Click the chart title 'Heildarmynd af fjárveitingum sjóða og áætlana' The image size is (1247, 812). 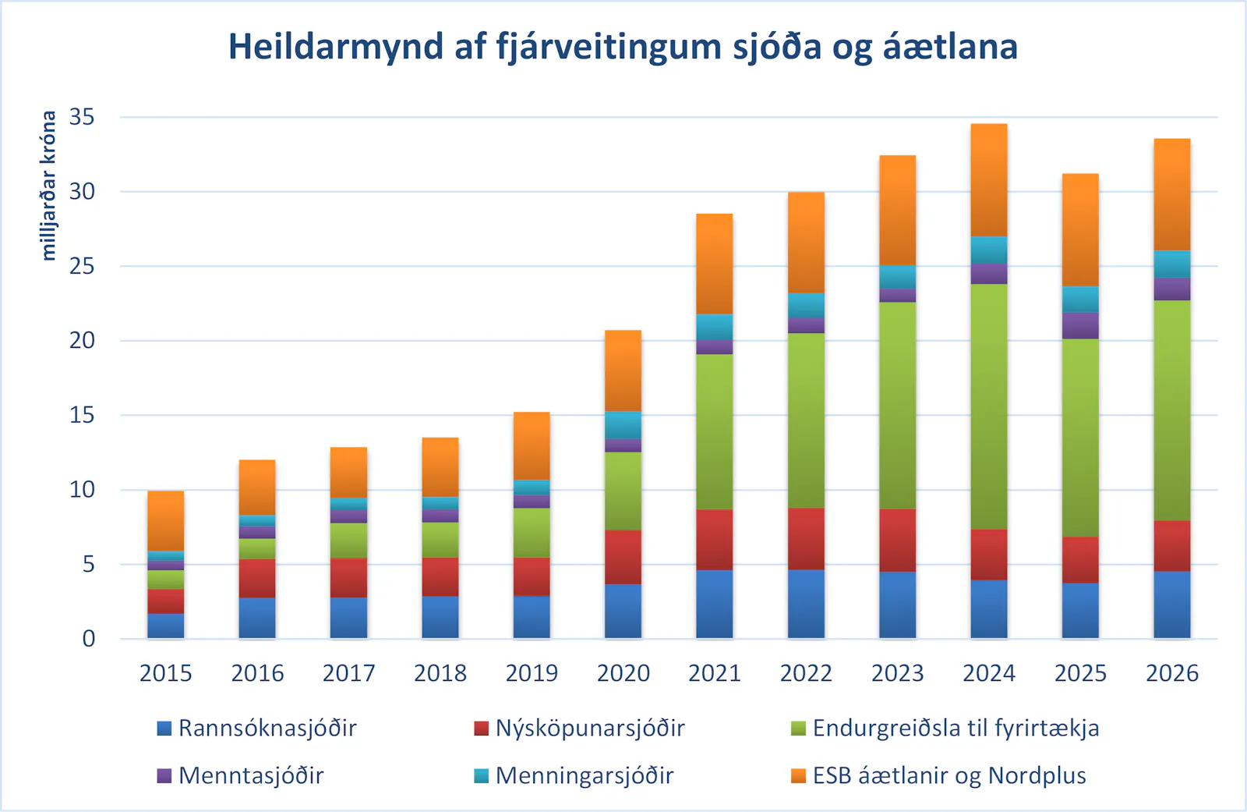coord(623,47)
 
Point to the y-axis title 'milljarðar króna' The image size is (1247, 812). coord(48,185)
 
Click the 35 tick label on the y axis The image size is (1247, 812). coord(82,118)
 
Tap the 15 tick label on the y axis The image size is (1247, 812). coord(82,416)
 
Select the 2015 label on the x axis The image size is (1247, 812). coord(165,673)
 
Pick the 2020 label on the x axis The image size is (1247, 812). coord(623,673)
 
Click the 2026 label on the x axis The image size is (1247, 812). coord(1171,673)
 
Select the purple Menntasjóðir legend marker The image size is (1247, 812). coord(164,776)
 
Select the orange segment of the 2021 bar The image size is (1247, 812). coord(714,264)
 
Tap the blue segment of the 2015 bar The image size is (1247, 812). coord(165,626)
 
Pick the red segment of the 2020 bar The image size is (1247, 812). coord(623,557)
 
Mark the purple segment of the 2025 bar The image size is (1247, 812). coord(1080,325)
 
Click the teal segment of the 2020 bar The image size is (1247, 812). coord(623,425)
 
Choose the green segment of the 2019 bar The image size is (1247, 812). coord(532,532)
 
